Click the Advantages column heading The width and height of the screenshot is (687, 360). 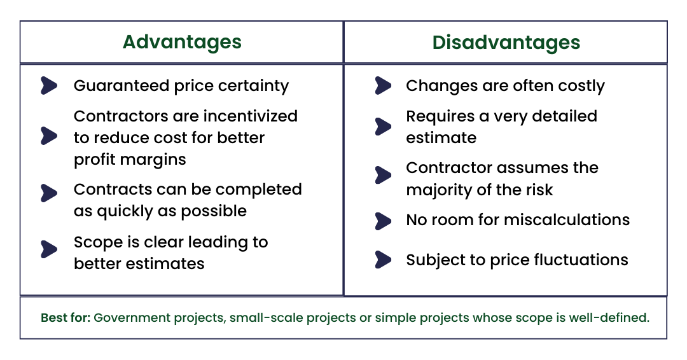(182, 42)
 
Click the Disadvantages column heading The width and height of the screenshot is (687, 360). (506, 42)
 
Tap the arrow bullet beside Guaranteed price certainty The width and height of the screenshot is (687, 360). (49, 86)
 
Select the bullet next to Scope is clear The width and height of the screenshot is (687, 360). (49, 249)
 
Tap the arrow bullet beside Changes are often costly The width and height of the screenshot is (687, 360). (383, 86)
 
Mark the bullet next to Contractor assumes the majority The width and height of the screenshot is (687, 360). (383, 175)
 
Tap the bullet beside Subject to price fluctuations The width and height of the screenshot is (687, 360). (383, 260)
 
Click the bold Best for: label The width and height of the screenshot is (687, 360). (66, 317)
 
